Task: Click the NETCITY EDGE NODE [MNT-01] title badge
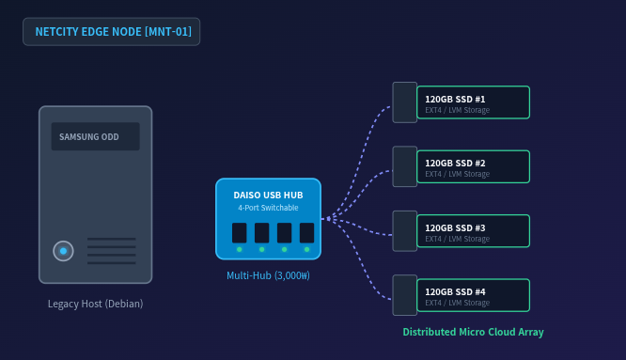point(112,32)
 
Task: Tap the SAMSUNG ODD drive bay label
point(89,137)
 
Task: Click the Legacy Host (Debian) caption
point(96,304)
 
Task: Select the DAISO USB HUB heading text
point(268,196)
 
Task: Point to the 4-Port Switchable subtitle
point(268,208)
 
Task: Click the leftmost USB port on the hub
point(239,233)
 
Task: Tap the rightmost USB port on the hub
point(306,233)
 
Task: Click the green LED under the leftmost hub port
point(239,249)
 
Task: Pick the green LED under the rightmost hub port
point(306,249)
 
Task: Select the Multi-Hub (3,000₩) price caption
point(268,275)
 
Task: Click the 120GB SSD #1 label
point(455,99)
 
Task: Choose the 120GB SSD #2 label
point(455,164)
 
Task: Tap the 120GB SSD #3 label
point(455,227)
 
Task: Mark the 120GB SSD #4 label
point(455,291)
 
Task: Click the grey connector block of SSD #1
point(405,102)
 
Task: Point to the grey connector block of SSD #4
point(405,295)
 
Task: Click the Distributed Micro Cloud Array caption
point(473,332)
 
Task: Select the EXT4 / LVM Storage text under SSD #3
point(457,239)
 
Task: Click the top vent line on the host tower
point(112,239)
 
